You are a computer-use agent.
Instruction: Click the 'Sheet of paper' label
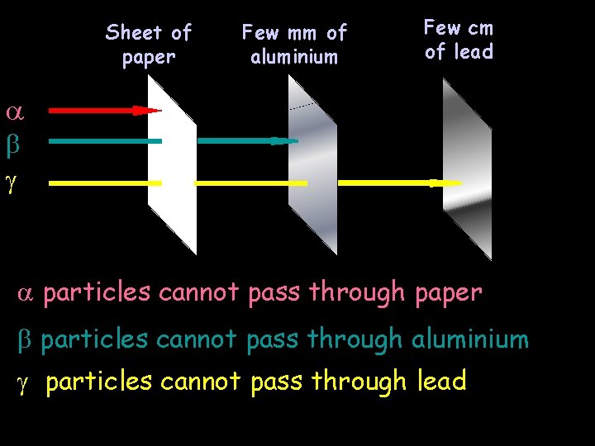pos(149,45)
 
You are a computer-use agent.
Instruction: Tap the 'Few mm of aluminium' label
pos(294,45)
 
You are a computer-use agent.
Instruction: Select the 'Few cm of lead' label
pos(459,40)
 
